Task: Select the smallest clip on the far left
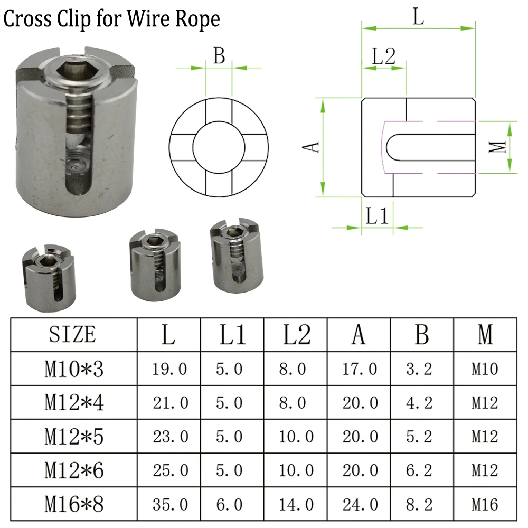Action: click(x=48, y=277)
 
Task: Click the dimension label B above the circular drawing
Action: click(x=219, y=55)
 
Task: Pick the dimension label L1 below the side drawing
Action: click(x=378, y=216)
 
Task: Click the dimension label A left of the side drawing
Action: click(x=313, y=147)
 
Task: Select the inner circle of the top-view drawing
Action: click(x=218, y=146)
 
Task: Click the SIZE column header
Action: click(x=73, y=335)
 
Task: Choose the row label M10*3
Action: click(x=73, y=369)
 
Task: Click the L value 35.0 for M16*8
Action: click(x=169, y=505)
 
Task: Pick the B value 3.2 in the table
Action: click(x=421, y=369)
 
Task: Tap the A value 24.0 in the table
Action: click(x=359, y=505)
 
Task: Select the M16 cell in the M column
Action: click(x=485, y=505)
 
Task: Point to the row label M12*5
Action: click(x=73, y=437)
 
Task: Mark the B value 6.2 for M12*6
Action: click(x=421, y=470)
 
